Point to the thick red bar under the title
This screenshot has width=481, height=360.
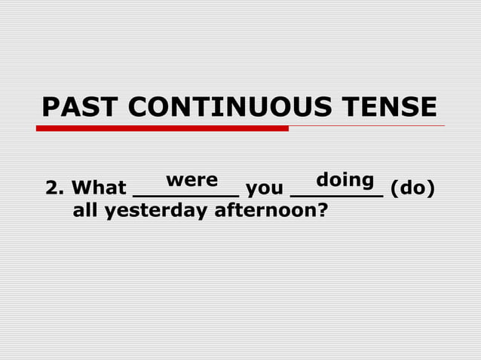[162, 128]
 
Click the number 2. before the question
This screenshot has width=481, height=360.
[54, 188]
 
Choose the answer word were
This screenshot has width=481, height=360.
[191, 181]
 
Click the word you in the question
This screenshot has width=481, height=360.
[265, 188]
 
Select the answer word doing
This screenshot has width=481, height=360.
[345, 181]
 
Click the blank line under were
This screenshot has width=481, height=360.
[185, 195]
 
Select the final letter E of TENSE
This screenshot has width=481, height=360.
[427, 107]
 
